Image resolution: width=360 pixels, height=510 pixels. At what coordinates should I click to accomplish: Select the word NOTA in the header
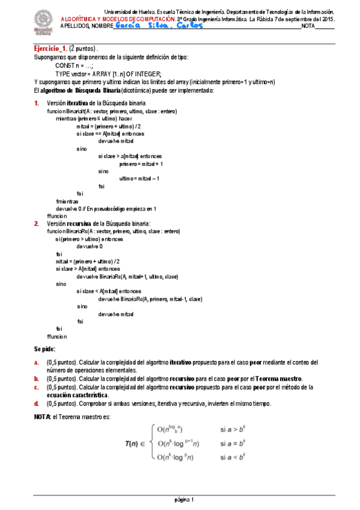click(308, 27)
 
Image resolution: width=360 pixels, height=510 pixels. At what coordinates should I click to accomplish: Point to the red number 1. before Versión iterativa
click(37, 103)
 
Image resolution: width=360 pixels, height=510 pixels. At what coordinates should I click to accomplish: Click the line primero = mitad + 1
click(141, 164)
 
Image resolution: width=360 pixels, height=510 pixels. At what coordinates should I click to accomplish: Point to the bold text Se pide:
click(44, 349)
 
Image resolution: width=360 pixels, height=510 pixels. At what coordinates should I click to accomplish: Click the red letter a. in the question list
click(37, 362)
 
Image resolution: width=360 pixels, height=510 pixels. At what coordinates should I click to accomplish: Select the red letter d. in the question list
click(37, 404)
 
